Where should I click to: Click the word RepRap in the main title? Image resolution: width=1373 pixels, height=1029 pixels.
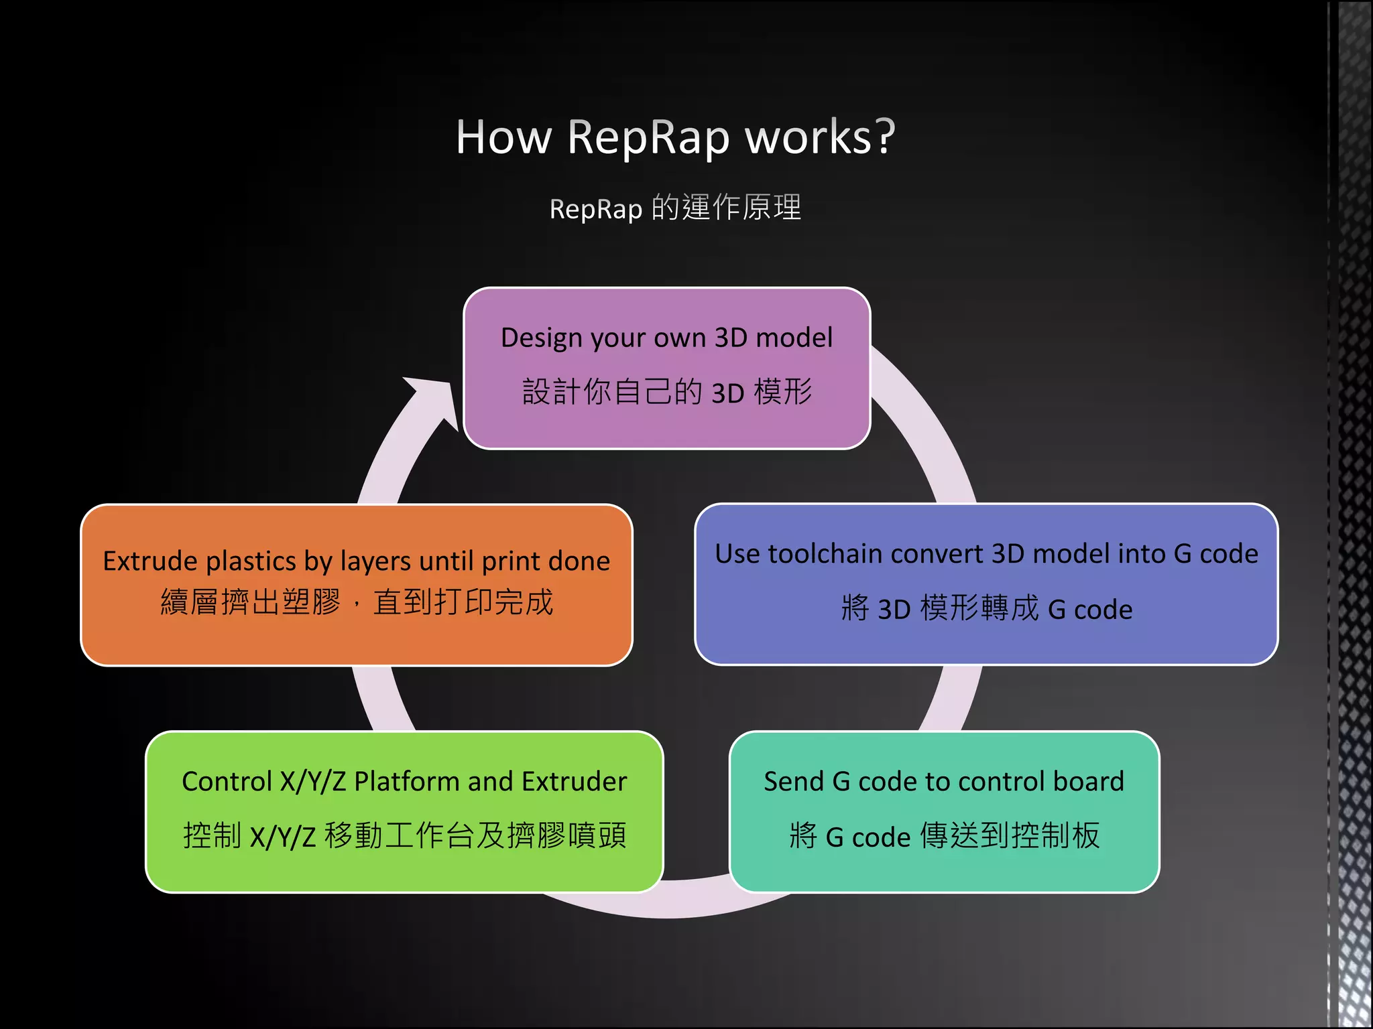tap(648, 137)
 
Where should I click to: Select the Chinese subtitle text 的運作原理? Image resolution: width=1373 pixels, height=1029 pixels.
tap(726, 208)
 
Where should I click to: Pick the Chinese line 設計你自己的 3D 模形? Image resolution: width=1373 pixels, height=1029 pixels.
tap(666, 392)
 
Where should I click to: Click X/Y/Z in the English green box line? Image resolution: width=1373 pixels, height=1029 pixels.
tap(313, 782)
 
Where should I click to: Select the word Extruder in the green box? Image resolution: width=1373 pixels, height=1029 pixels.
tap(574, 782)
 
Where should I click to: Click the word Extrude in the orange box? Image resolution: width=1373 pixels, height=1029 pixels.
tap(150, 561)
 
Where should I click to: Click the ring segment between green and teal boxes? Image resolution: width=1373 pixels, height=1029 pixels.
tap(696, 901)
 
